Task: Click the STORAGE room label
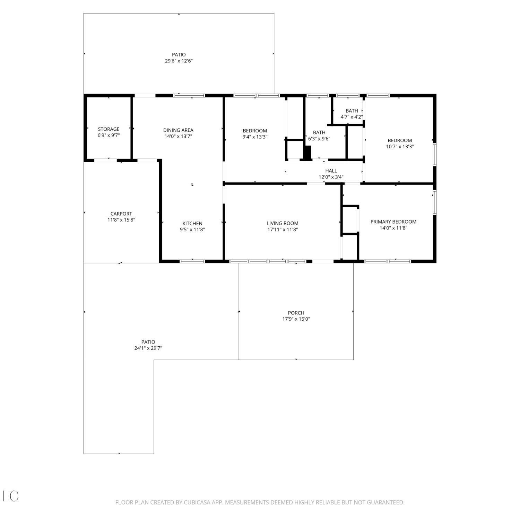(x=109, y=129)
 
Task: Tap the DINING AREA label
(x=178, y=130)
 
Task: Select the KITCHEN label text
(x=192, y=223)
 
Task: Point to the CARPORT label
(x=121, y=214)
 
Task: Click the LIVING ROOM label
(x=283, y=223)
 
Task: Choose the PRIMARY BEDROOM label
(x=393, y=222)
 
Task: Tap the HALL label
(x=331, y=171)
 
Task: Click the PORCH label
(x=296, y=313)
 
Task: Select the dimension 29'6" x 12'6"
(x=179, y=61)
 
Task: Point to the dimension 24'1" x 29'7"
(x=148, y=348)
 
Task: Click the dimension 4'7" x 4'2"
(x=352, y=117)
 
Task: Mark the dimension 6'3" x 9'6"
(x=319, y=139)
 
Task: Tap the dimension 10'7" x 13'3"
(x=400, y=146)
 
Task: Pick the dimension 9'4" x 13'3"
(x=255, y=137)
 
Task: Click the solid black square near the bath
(x=307, y=153)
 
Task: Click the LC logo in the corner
(x=10, y=496)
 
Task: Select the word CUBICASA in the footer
(x=197, y=502)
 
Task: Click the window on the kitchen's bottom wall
(x=192, y=261)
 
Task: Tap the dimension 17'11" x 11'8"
(x=283, y=229)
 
